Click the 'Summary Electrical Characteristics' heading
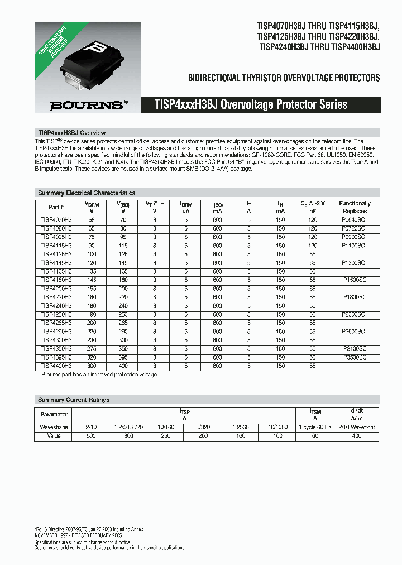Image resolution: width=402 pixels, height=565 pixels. (x=87, y=193)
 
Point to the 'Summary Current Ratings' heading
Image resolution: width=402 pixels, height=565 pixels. (x=74, y=400)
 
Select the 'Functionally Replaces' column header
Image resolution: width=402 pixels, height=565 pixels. (x=355, y=207)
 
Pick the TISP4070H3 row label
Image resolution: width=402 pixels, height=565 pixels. (x=56, y=220)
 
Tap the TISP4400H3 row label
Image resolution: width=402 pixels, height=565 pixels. (x=56, y=366)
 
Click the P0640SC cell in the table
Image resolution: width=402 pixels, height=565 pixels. (x=355, y=220)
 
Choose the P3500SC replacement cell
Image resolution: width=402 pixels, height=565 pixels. (x=355, y=357)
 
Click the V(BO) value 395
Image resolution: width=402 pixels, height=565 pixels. (x=122, y=357)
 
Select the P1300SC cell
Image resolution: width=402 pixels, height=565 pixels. (x=355, y=262)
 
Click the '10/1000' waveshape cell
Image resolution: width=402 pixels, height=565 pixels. (x=277, y=427)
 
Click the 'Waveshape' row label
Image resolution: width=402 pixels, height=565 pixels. (x=54, y=427)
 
